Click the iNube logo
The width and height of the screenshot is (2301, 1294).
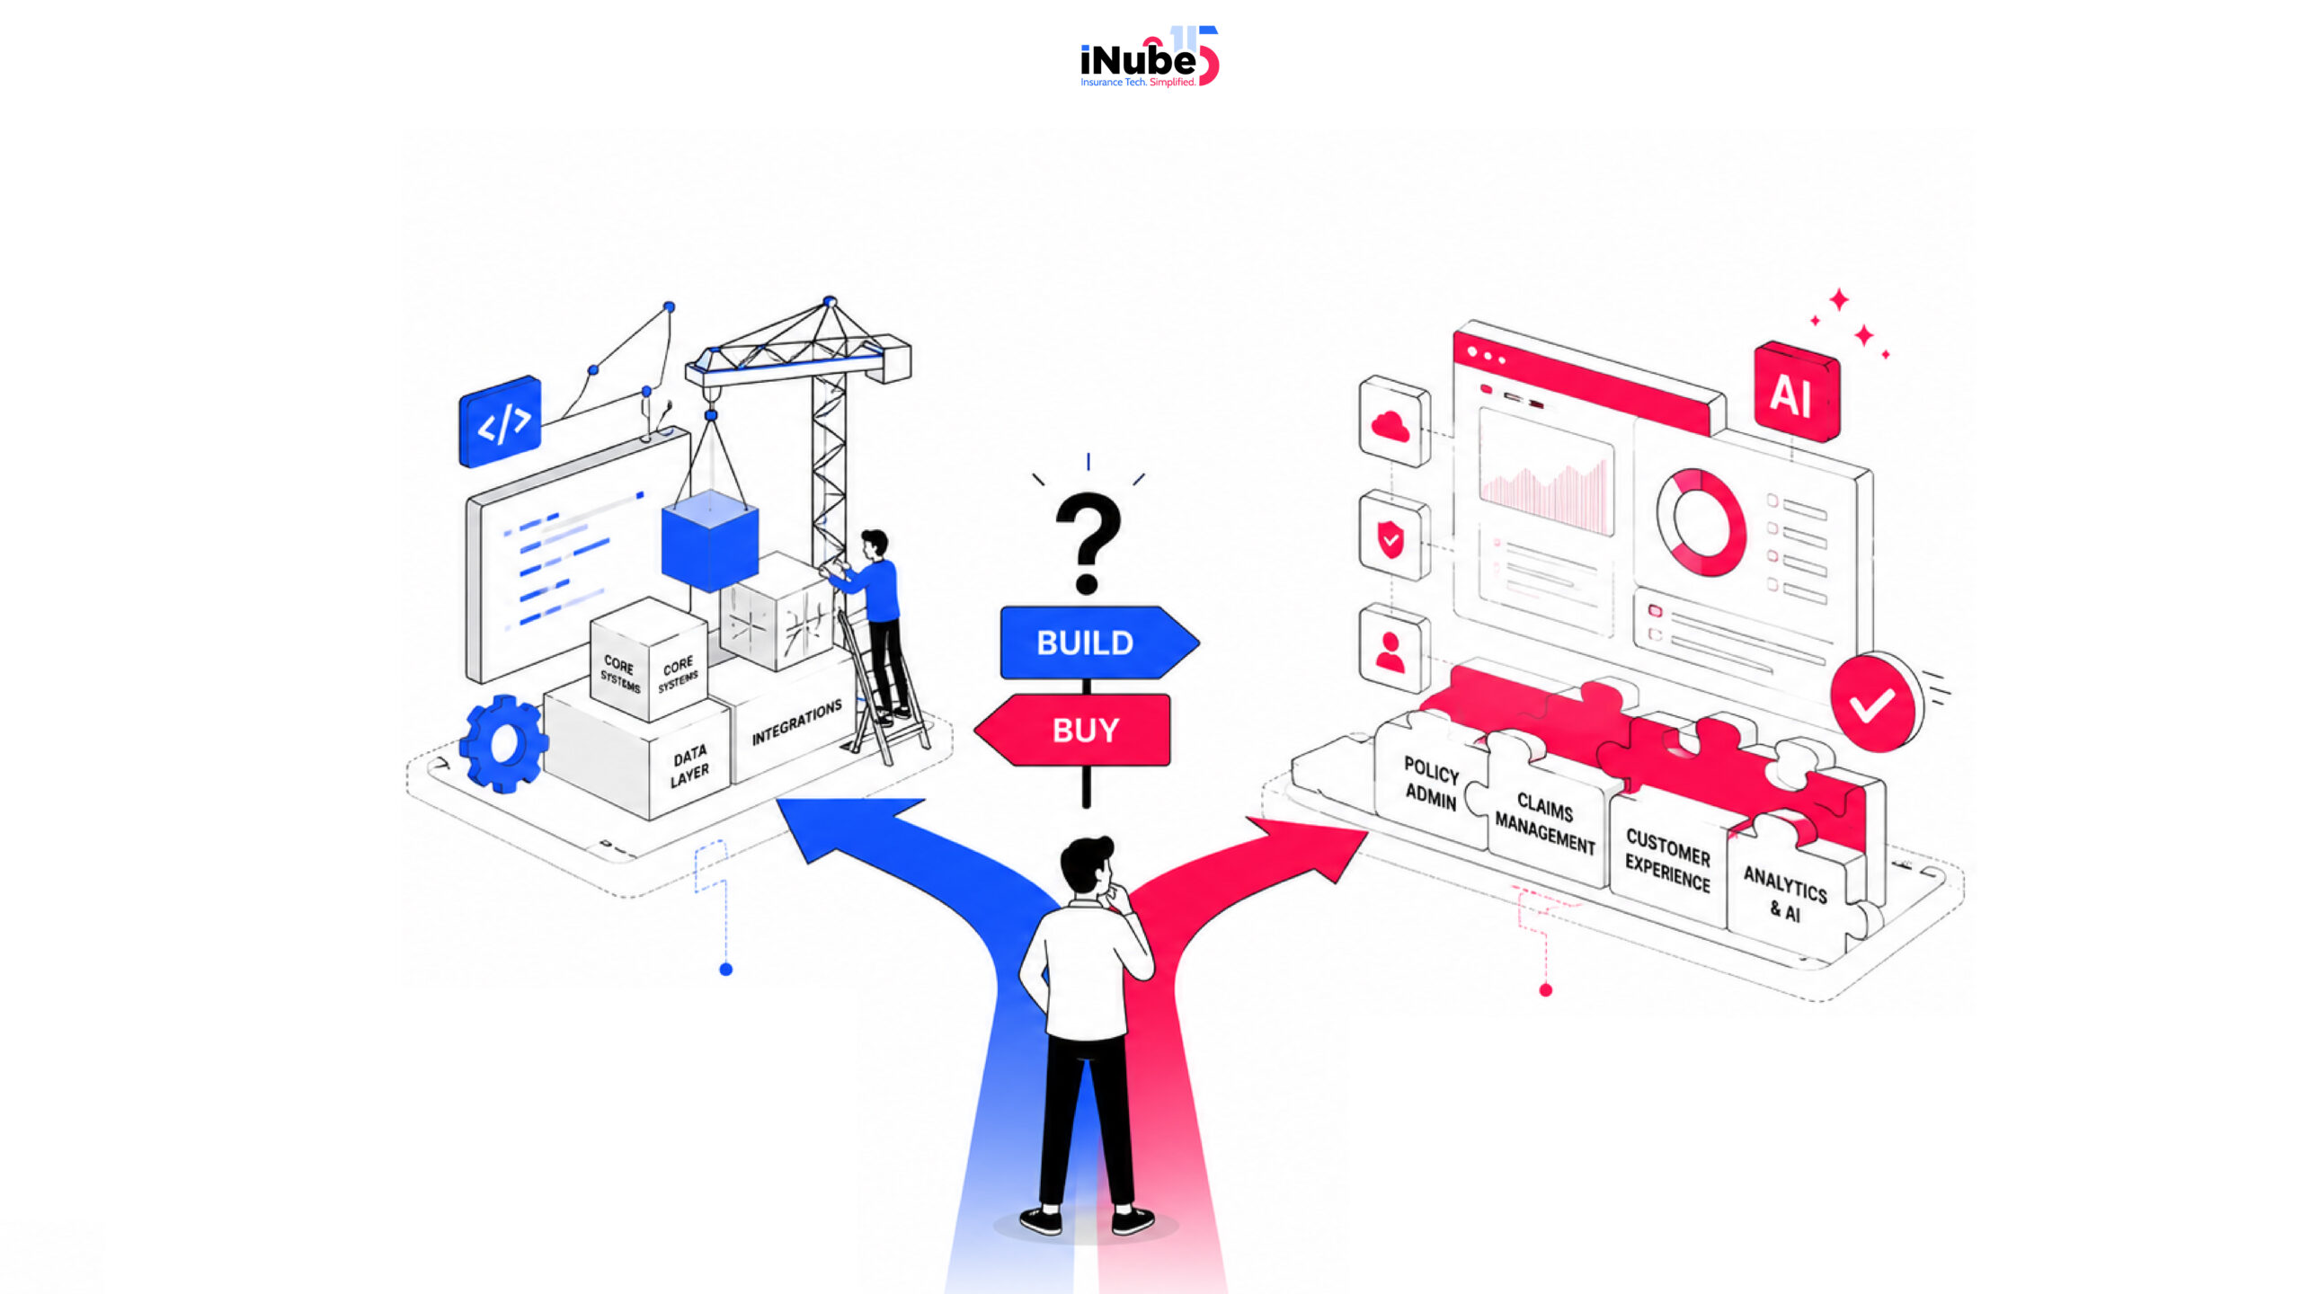pos(1150,57)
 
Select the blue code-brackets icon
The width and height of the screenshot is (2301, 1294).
pos(500,421)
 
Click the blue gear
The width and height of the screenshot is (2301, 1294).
pos(503,743)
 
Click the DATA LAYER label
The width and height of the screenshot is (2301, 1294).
pos(689,766)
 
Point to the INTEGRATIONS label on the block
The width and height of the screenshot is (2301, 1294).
pos(796,722)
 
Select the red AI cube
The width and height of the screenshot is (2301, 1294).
pos(1796,392)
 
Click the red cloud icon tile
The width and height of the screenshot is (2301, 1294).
pos(1394,422)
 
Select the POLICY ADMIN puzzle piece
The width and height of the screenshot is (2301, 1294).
pos(1431,782)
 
